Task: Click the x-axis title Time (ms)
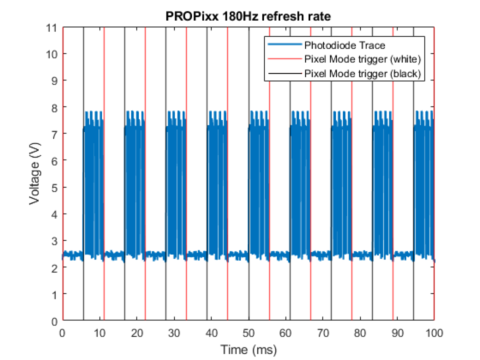tap(248, 349)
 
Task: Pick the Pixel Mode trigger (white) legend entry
tap(359, 59)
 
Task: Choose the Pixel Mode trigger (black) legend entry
tap(359, 74)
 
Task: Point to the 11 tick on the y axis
tap(51, 28)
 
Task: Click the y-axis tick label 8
tap(54, 108)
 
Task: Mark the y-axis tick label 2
tap(54, 268)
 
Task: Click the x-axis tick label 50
tap(249, 333)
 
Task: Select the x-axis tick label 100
tap(435, 333)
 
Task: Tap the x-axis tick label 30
tap(174, 333)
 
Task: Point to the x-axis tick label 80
tap(360, 333)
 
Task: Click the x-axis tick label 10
tap(99, 333)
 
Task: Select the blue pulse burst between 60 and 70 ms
tap(301, 184)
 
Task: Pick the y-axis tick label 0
tap(54, 321)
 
